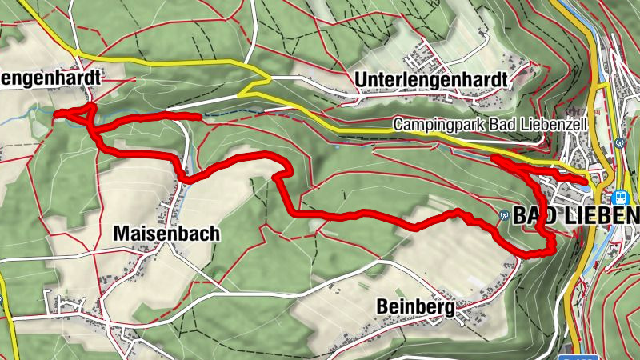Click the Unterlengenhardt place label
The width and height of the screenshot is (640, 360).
(x=430, y=81)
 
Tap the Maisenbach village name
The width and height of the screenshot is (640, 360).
(x=166, y=234)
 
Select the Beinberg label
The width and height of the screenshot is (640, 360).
(x=415, y=307)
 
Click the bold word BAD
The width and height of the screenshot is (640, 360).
(x=530, y=216)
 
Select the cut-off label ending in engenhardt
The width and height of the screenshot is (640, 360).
(x=51, y=78)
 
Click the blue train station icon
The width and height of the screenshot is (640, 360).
(x=620, y=196)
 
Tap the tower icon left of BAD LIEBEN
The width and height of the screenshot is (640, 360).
(x=502, y=215)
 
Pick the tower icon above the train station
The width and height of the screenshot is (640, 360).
(x=621, y=143)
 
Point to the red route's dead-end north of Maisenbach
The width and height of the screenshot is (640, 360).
(x=198, y=117)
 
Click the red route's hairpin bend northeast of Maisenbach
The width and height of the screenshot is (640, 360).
(x=281, y=170)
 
